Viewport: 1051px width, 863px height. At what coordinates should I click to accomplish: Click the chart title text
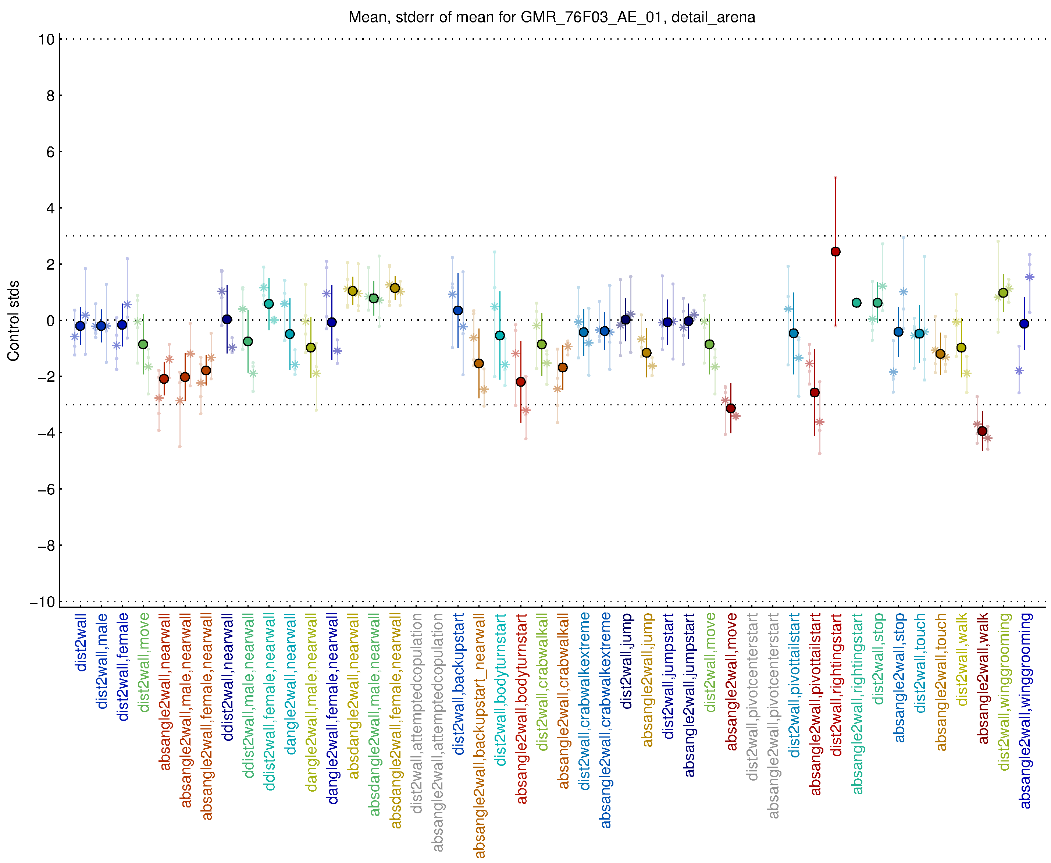point(552,17)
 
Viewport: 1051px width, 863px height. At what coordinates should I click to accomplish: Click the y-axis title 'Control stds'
point(13,321)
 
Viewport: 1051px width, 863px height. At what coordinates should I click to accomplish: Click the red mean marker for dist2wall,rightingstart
point(836,252)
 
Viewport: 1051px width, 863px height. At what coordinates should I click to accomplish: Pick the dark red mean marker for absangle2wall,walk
point(982,431)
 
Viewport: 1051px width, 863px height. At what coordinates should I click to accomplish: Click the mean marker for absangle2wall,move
point(730,408)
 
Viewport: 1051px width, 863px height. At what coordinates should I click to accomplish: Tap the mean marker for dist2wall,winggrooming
point(1003,293)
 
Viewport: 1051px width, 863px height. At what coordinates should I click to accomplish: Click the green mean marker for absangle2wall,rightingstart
point(856,303)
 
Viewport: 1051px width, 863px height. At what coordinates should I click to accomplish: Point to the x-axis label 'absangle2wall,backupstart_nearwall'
point(480,735)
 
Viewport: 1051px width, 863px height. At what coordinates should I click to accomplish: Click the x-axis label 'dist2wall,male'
point(102,661)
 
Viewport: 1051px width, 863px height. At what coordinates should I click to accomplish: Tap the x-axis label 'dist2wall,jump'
point(626,661)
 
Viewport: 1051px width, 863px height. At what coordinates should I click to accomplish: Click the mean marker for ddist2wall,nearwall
point(227,319)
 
